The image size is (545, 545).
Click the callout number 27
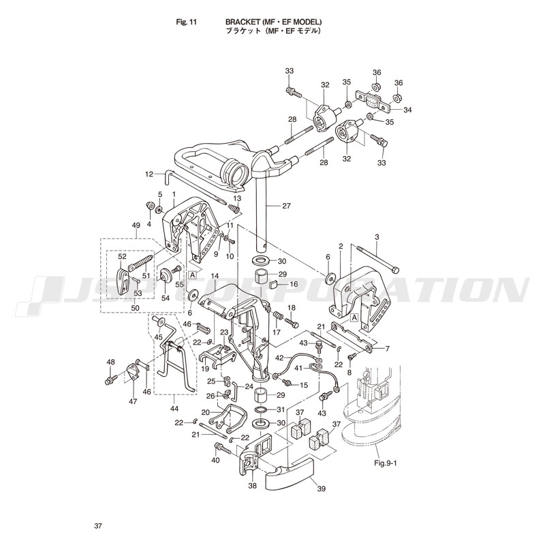click(x=286, y=206)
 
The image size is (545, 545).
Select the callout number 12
click(x=150, y=174)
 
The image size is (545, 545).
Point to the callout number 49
click(x=136, y=226)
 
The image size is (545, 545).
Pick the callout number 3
click(x=377, y=236)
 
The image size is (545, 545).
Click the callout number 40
click(x=215, y=461)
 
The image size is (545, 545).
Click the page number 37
click(x=99, y=526)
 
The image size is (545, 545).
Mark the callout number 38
click(x=251, y=486)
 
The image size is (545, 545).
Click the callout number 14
click(x=214, y=277)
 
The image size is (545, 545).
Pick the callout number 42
click(x=279, y=358)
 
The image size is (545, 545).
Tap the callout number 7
click(x=386, y=349)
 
